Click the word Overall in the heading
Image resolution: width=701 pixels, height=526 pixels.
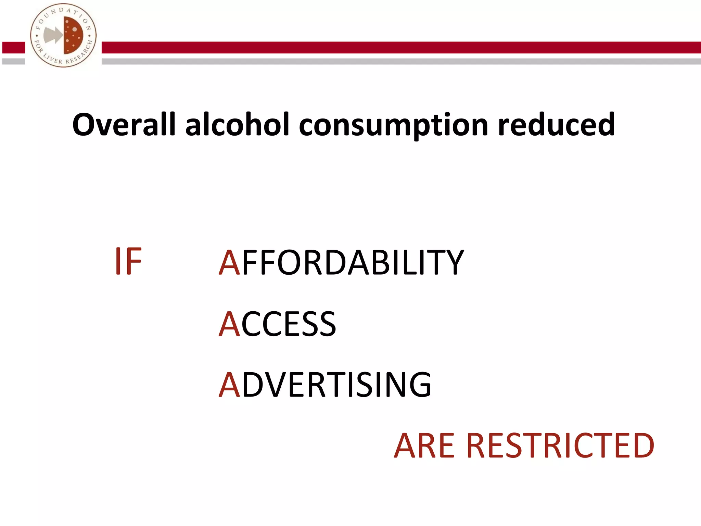pyautogui.click(x=124, y=125)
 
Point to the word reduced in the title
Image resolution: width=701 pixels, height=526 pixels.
pyautogui.click(x=556, y=125)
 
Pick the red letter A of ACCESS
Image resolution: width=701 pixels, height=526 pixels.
pyautogui.click(x=229, y=324)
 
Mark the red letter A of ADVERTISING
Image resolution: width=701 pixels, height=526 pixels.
pyautogui.click(x=229, y=385)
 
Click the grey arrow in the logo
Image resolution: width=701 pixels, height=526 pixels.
pyautogui.click(x=53, y=35)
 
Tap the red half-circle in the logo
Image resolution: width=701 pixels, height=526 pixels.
pyautogui.click(x=73, y=35)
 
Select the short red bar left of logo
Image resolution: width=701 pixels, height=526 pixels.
pyautogui.click(x=14, y=48)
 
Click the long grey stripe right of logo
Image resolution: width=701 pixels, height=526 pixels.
pyautogui.click(x=400, y=62)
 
